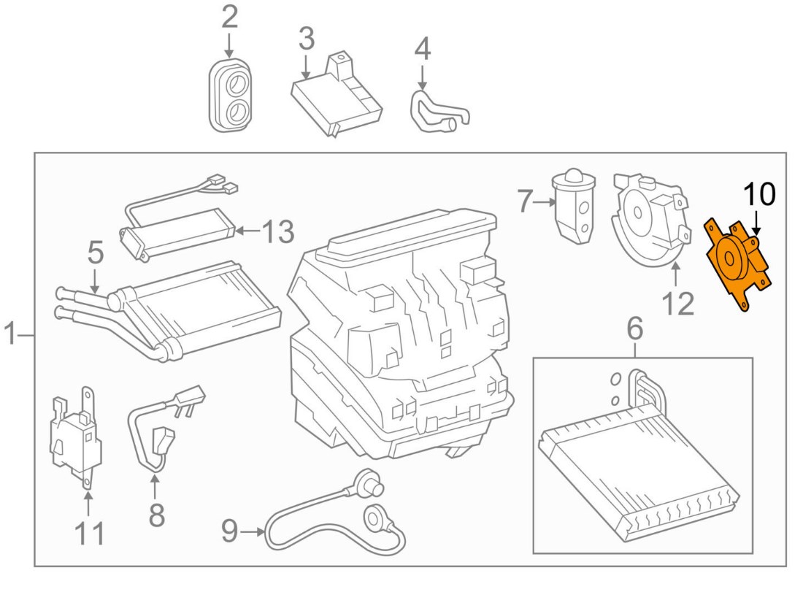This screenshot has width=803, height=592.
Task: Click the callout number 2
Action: tap(229, 18)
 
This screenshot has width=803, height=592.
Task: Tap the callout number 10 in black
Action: tap(758, 195)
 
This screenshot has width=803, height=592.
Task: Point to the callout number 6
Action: tap(634, 330)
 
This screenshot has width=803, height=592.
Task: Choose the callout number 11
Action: tap(88, 534)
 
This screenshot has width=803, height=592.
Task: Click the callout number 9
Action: tap(229, 532)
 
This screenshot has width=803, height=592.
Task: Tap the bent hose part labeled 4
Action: tap(434, 113)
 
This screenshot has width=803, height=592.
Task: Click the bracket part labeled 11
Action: tap(75, 438)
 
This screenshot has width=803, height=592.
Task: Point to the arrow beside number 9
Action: tap(254, 532)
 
